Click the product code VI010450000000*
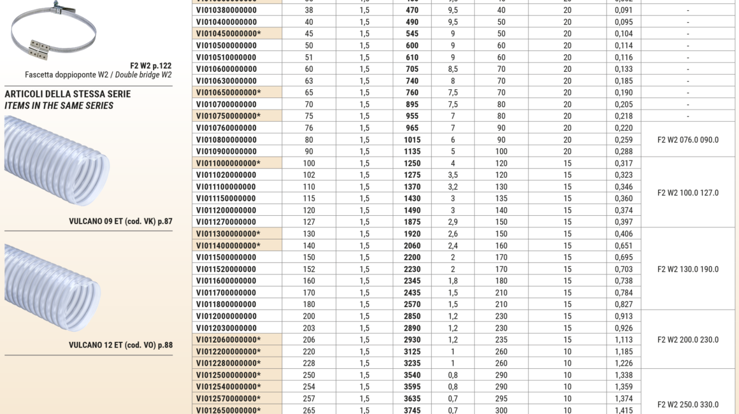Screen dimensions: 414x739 click(228, 34)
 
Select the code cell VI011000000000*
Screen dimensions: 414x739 click(228, 164)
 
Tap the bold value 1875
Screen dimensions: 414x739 click(412, 222)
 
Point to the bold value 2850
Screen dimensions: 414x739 click(412, 317)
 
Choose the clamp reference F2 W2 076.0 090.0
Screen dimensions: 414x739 click(687, 140)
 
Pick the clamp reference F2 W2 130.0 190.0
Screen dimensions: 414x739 click(687, 269)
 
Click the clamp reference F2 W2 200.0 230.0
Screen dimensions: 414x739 click(687, 340)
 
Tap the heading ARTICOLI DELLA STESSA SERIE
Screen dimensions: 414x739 click(68, 94)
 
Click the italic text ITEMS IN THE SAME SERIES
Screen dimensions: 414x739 click(59, 106)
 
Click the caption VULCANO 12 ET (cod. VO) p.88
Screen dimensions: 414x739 click(120, 345)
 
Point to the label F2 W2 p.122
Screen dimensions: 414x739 click(150, 66)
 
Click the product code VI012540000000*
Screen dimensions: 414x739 click(228, 387)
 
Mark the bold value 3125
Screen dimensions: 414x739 click(412, 352)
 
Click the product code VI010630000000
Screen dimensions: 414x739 click(226, 81)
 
